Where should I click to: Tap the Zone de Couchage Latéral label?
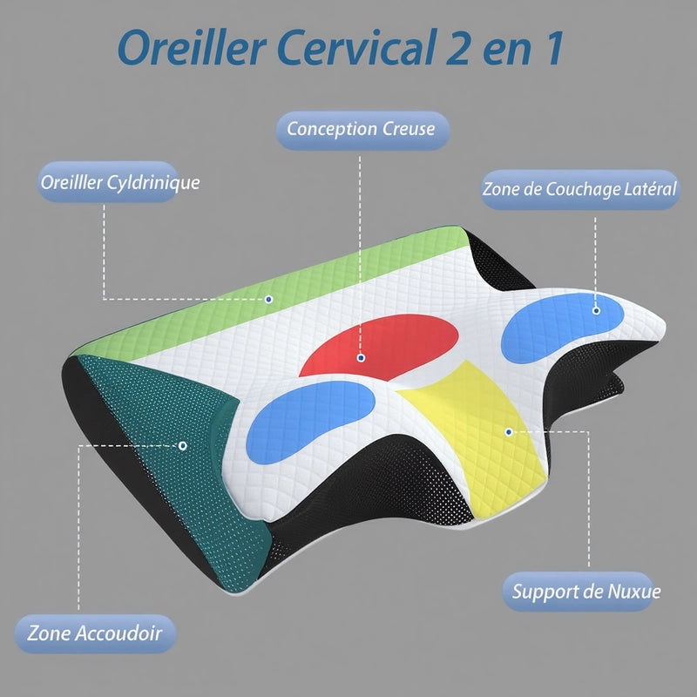(580, 189)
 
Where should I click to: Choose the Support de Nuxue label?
(586, 592)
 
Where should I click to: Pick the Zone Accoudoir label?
(95, 633)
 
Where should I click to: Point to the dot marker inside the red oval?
(361, 357)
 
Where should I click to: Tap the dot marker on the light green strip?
(268, 299)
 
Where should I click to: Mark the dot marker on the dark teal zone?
(182, 445)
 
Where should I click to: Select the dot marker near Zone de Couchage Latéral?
(597, 309)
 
